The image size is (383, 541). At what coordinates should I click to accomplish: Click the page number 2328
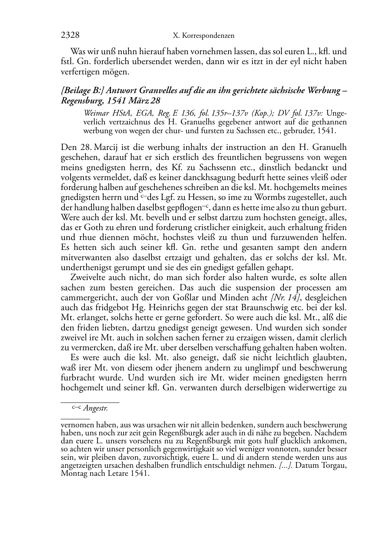[x=70, y=35]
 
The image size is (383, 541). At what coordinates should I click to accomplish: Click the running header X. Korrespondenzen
[x=204, y=36]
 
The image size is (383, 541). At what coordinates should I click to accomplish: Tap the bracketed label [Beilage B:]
[x=82, y=91]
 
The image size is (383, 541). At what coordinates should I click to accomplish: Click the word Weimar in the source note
[x=95, y=113]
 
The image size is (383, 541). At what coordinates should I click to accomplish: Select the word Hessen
[x=190, y=197]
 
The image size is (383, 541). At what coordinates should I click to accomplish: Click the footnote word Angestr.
[x=95, y=409]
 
